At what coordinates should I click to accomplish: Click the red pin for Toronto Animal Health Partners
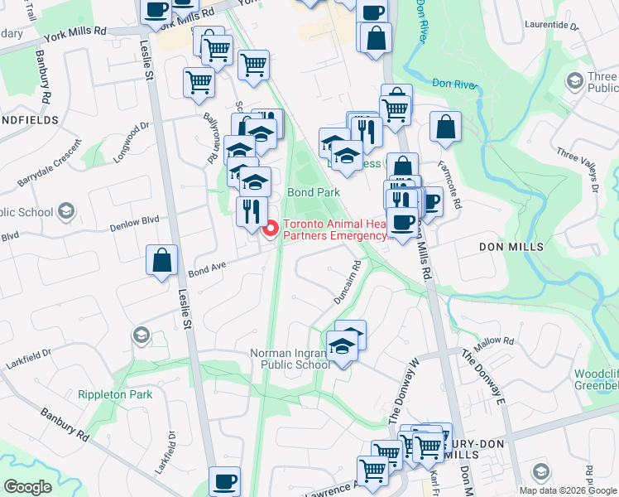click(x=271, y=229)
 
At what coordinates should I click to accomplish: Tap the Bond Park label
click(x=314, y=192)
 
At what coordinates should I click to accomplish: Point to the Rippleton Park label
click(x=115, y=394)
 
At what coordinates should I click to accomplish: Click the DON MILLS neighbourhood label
click(x=511, y=247)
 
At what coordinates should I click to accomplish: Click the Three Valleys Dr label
click(x=578, y=168)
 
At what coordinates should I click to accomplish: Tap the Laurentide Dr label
click(x=552, y=25)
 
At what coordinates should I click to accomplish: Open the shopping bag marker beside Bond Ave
click(x=162, y=260)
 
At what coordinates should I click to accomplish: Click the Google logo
click(x=27, y=487)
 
